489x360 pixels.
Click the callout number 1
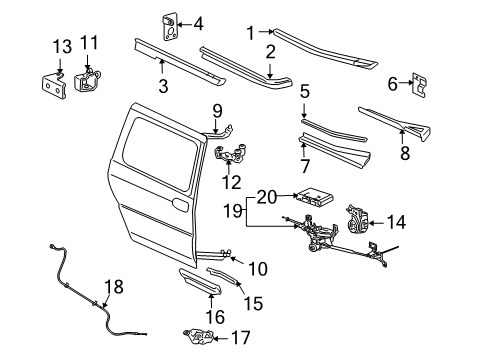pos(251,32)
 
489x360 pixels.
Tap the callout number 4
pos(198,23)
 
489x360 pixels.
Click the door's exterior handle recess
pos(179,204)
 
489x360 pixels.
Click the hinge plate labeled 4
pos(171,23)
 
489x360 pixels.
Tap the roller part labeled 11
pos(91,77)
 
